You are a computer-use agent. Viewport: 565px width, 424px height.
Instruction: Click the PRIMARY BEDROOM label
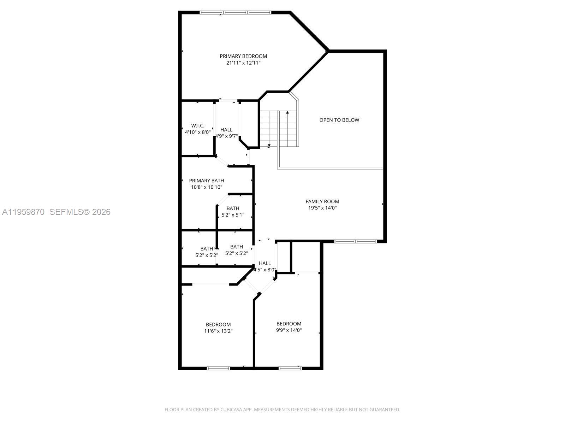pos(243,56)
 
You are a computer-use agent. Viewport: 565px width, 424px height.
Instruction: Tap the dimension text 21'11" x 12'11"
pos(243,63)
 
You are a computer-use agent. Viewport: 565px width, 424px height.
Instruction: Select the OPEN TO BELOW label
pos(339,120)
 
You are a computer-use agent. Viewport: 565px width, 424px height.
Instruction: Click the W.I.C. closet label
pos(198,126)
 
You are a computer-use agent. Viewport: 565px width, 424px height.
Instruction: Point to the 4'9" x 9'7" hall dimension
pos(227,136)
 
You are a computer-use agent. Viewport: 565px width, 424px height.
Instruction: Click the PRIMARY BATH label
pos(207,181)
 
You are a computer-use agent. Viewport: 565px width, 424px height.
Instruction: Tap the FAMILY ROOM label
pos(322,201)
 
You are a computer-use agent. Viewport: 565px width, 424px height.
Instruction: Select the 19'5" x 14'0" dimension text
pos(322,208)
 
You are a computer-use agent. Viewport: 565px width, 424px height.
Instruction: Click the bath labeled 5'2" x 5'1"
pos(233,211)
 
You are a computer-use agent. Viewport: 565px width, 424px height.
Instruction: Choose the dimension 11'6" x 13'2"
pos(218,331)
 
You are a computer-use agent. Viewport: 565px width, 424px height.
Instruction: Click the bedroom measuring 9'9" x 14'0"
pos(289,327)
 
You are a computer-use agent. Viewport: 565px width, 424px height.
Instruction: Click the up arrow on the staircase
pos(287,112)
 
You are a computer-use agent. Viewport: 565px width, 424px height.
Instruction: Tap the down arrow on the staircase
pos(269,145)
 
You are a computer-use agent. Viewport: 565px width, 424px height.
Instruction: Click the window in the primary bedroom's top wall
pos(236,13)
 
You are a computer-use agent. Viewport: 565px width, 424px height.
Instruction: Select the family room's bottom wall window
pos(356,242)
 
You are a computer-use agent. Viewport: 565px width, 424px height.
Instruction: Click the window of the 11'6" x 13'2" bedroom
pos(218,368)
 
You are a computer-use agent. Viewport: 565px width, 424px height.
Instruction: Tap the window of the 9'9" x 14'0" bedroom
pos(290,368)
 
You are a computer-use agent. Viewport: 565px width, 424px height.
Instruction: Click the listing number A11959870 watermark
pos(23,212)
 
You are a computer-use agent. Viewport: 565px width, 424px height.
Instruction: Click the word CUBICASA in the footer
pos(231,410)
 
